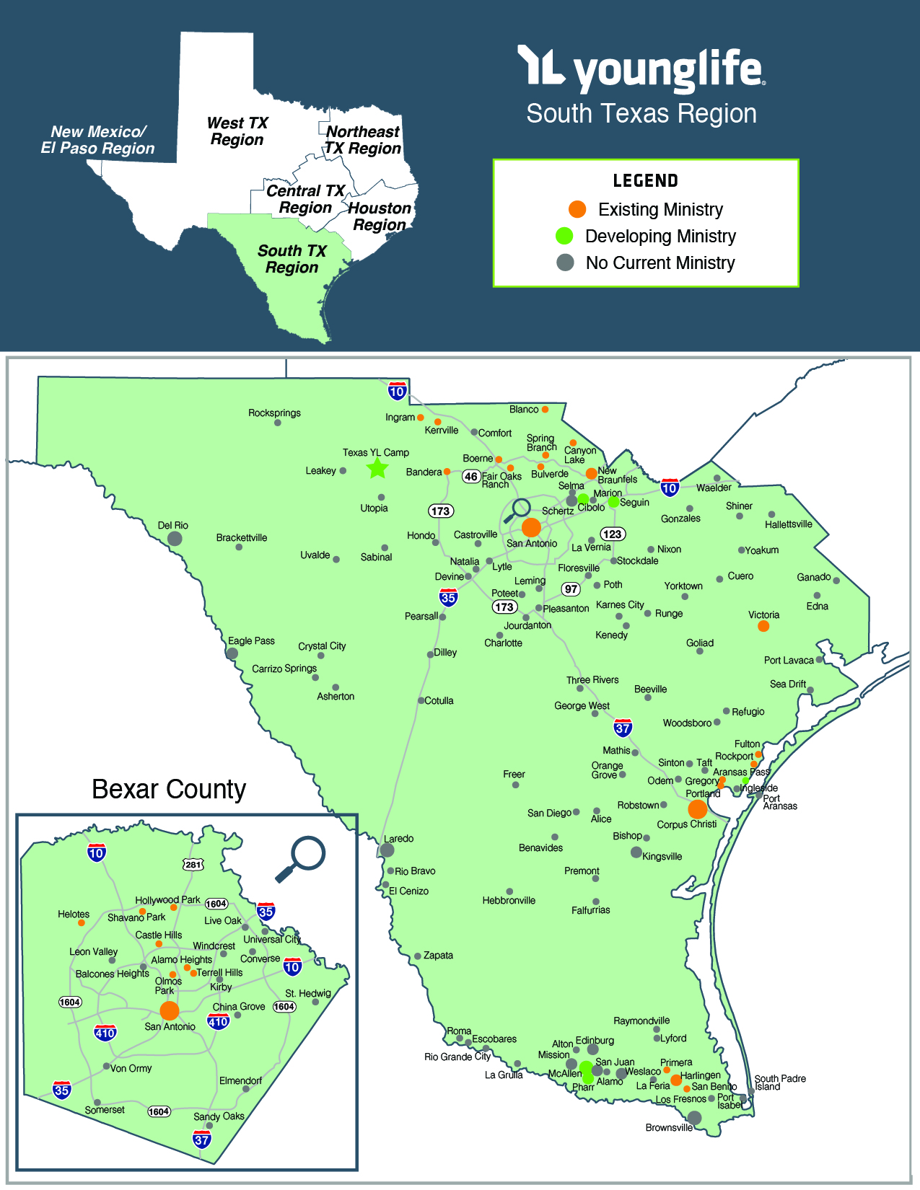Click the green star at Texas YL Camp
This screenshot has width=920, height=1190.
(377, 469)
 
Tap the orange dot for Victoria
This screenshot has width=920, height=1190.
(763, 626)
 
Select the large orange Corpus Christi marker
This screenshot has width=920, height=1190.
(697, 809)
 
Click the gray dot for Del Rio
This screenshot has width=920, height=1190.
(175, 538)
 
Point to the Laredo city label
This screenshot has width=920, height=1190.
(398, 838)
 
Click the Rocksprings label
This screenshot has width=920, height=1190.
(274, 413)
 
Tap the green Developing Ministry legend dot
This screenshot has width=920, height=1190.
(564, 236)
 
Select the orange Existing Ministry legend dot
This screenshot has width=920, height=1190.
(577, 209)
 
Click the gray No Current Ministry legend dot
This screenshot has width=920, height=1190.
(565, 263)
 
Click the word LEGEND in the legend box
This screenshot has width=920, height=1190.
(645, 181)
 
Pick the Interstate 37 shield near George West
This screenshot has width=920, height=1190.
(623, 727)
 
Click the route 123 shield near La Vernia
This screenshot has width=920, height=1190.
(613, 534)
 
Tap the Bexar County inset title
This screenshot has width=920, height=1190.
(169, 789)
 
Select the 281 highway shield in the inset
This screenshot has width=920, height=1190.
(193, 864)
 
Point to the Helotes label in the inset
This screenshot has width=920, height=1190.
(74, 914)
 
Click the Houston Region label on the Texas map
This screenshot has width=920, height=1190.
(380, 216)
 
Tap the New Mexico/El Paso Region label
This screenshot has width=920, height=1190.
(97, 140)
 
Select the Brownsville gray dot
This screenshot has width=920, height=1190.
(694, 1118)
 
